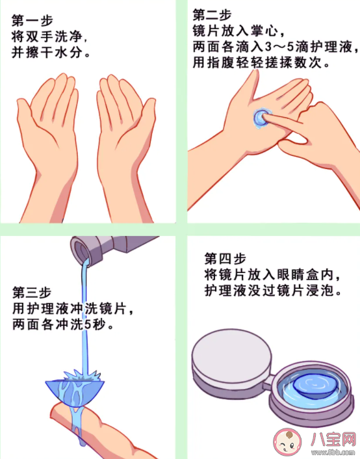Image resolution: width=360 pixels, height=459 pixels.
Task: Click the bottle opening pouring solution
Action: (80, 250)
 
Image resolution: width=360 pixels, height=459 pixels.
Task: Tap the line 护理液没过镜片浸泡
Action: (273, 291)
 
